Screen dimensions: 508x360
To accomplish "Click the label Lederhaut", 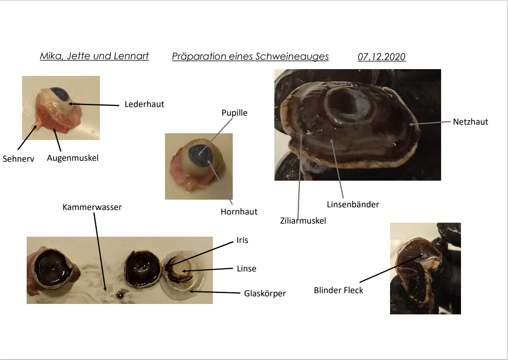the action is point(144,104).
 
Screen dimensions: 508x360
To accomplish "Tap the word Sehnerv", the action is point(19,159).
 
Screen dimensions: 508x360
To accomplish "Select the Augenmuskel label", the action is point(73,158).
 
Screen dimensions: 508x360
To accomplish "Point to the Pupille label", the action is point(234,112).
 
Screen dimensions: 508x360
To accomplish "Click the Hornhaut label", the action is point(239,212).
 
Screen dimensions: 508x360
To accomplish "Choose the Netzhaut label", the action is point(470,122).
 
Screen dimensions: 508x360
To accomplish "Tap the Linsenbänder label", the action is point(353,205).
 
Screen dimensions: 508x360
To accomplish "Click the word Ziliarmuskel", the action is point(303,221).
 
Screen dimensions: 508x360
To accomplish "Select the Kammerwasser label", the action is point(92,207).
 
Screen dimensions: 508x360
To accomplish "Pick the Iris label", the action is point(242,240).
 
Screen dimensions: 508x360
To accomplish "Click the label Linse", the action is point(247,269).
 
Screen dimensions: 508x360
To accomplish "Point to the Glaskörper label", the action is point(265,294).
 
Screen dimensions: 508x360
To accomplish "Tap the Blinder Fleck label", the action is point(339,290).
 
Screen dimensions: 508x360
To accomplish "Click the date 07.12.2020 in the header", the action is point(381,56).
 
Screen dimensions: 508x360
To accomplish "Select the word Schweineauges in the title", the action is point(292,56).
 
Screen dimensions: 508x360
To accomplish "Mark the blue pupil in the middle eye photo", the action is point(200,155).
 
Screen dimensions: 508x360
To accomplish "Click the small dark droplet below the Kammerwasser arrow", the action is point(120,295).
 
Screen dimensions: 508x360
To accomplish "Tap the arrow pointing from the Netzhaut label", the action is point(430,123).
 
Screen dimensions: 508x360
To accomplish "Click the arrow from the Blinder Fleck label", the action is point(391,269).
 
